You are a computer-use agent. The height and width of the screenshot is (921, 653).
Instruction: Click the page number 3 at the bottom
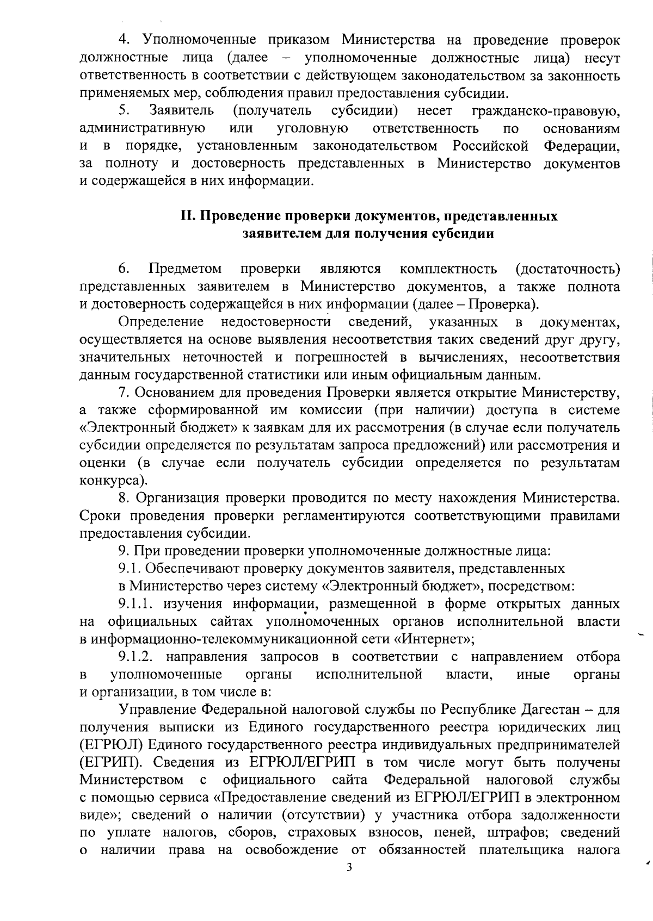[x=349, y=882]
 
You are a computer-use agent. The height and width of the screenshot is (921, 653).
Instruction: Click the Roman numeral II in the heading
[x=188, y=216]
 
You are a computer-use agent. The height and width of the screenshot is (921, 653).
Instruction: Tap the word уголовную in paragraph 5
[x=313, y=128]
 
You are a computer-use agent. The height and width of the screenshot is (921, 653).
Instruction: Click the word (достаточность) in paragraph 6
[x=567, y=269]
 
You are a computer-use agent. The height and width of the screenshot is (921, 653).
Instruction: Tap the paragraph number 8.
[x=124, y=498]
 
